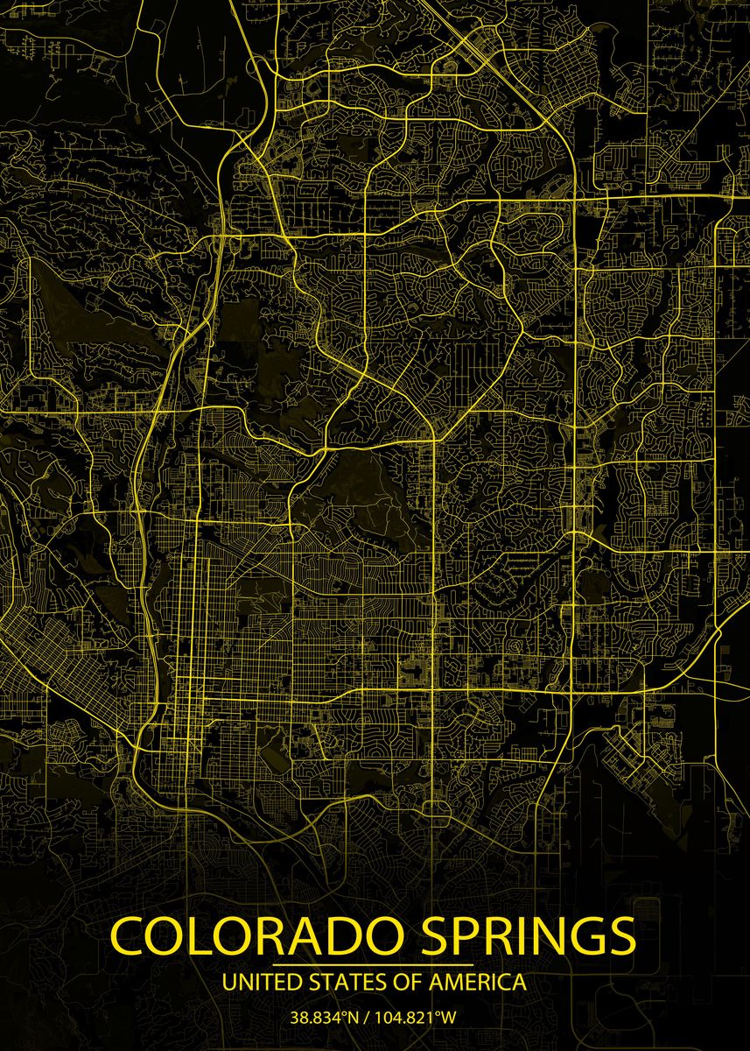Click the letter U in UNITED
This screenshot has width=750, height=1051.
tap(230, 982)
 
